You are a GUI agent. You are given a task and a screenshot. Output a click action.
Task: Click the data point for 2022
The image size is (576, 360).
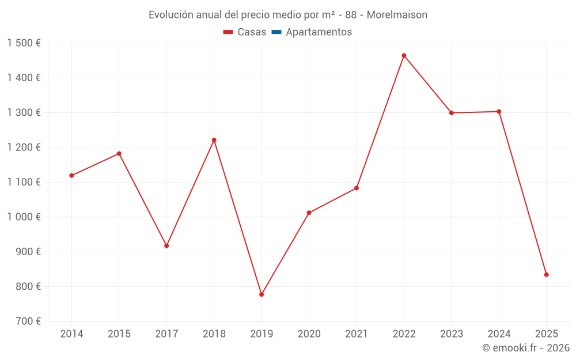404,56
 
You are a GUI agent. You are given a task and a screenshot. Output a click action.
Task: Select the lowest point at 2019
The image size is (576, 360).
262,294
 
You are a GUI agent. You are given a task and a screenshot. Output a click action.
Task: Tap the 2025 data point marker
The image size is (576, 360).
546,275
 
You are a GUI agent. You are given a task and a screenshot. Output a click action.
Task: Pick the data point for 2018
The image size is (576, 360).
214,140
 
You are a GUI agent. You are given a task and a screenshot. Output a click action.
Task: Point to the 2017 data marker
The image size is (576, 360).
166,246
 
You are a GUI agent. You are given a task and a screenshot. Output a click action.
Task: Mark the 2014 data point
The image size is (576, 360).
71,176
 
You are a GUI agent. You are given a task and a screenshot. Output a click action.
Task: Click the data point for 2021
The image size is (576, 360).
357,188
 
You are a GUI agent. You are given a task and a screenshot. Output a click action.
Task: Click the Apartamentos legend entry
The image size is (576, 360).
319,32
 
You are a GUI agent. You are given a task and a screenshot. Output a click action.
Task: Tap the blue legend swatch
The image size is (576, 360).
276,32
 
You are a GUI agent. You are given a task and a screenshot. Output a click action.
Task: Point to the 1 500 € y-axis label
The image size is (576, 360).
24,43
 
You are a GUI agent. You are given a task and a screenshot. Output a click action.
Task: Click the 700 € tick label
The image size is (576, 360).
29,321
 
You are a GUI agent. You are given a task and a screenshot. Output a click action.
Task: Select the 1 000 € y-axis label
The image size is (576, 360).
24,217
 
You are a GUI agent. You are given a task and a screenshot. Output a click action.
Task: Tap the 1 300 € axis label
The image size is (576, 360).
24,113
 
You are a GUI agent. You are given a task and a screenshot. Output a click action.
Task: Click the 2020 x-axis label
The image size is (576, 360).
309,334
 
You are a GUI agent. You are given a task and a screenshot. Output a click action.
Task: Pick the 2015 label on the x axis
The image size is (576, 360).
119,334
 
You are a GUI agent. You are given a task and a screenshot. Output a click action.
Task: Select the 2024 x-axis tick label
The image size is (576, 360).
499,334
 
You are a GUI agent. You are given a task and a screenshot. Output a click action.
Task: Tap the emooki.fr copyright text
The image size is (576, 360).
526,348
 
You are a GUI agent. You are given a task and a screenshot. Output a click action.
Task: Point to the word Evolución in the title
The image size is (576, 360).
170,15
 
